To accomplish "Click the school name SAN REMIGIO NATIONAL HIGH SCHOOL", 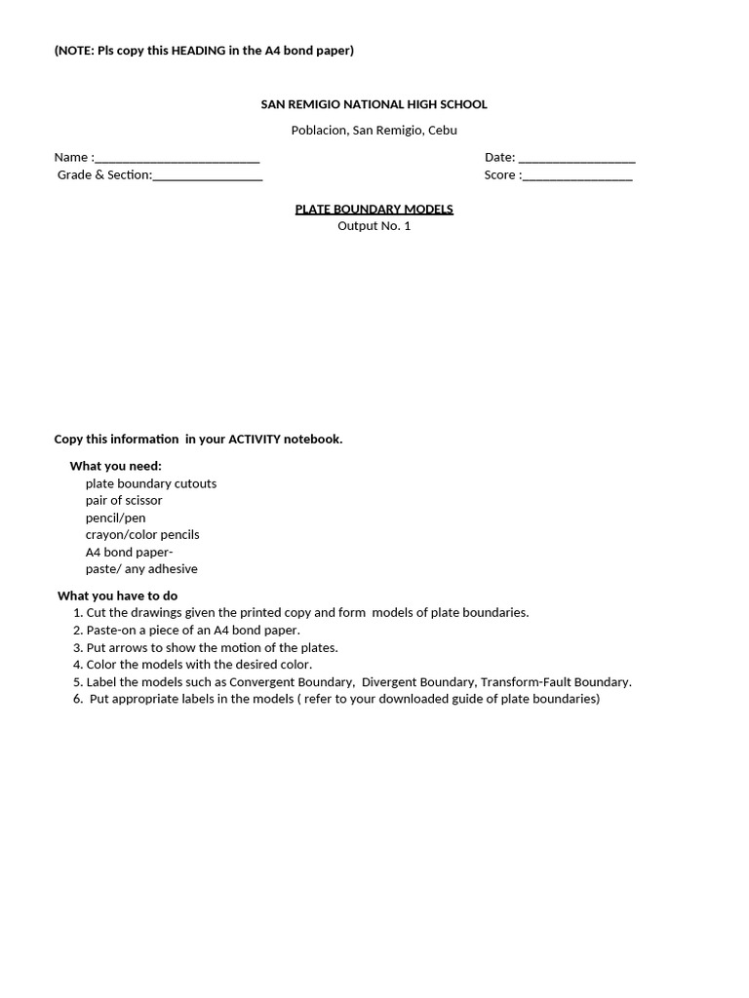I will pyautogui.click(x=374, y=104).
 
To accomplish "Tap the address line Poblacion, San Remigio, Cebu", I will pyautogui.click(x=374, y=130).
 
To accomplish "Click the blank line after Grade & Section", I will pyautogui.click(x=208, y=176).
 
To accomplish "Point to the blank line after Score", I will pyautogui.click(x=577, y=176).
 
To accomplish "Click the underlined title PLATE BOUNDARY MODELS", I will pyautogui.click(x=374, y=210).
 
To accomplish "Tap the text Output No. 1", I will pyautogui.click(x=374, y=226).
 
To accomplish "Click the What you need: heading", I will pyautogui.click(x=115, y=466).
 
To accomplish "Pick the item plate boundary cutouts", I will pyautogui.click(x=150, y=483).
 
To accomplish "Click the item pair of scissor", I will pyautogui.click(x=124, y=501).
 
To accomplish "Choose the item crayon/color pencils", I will pyautogui.click(x=142, y=535).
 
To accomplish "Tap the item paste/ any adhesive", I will pyautogui.click(x=141, y=569).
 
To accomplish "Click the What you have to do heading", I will pyautogui.click(x=117, y=595).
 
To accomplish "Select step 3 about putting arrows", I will pyautogui.click(x=206, y=648).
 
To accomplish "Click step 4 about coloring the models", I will pyautogui.click(x=193, y=665).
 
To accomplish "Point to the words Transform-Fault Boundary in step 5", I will pyautogui.click(x=555, y=682).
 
